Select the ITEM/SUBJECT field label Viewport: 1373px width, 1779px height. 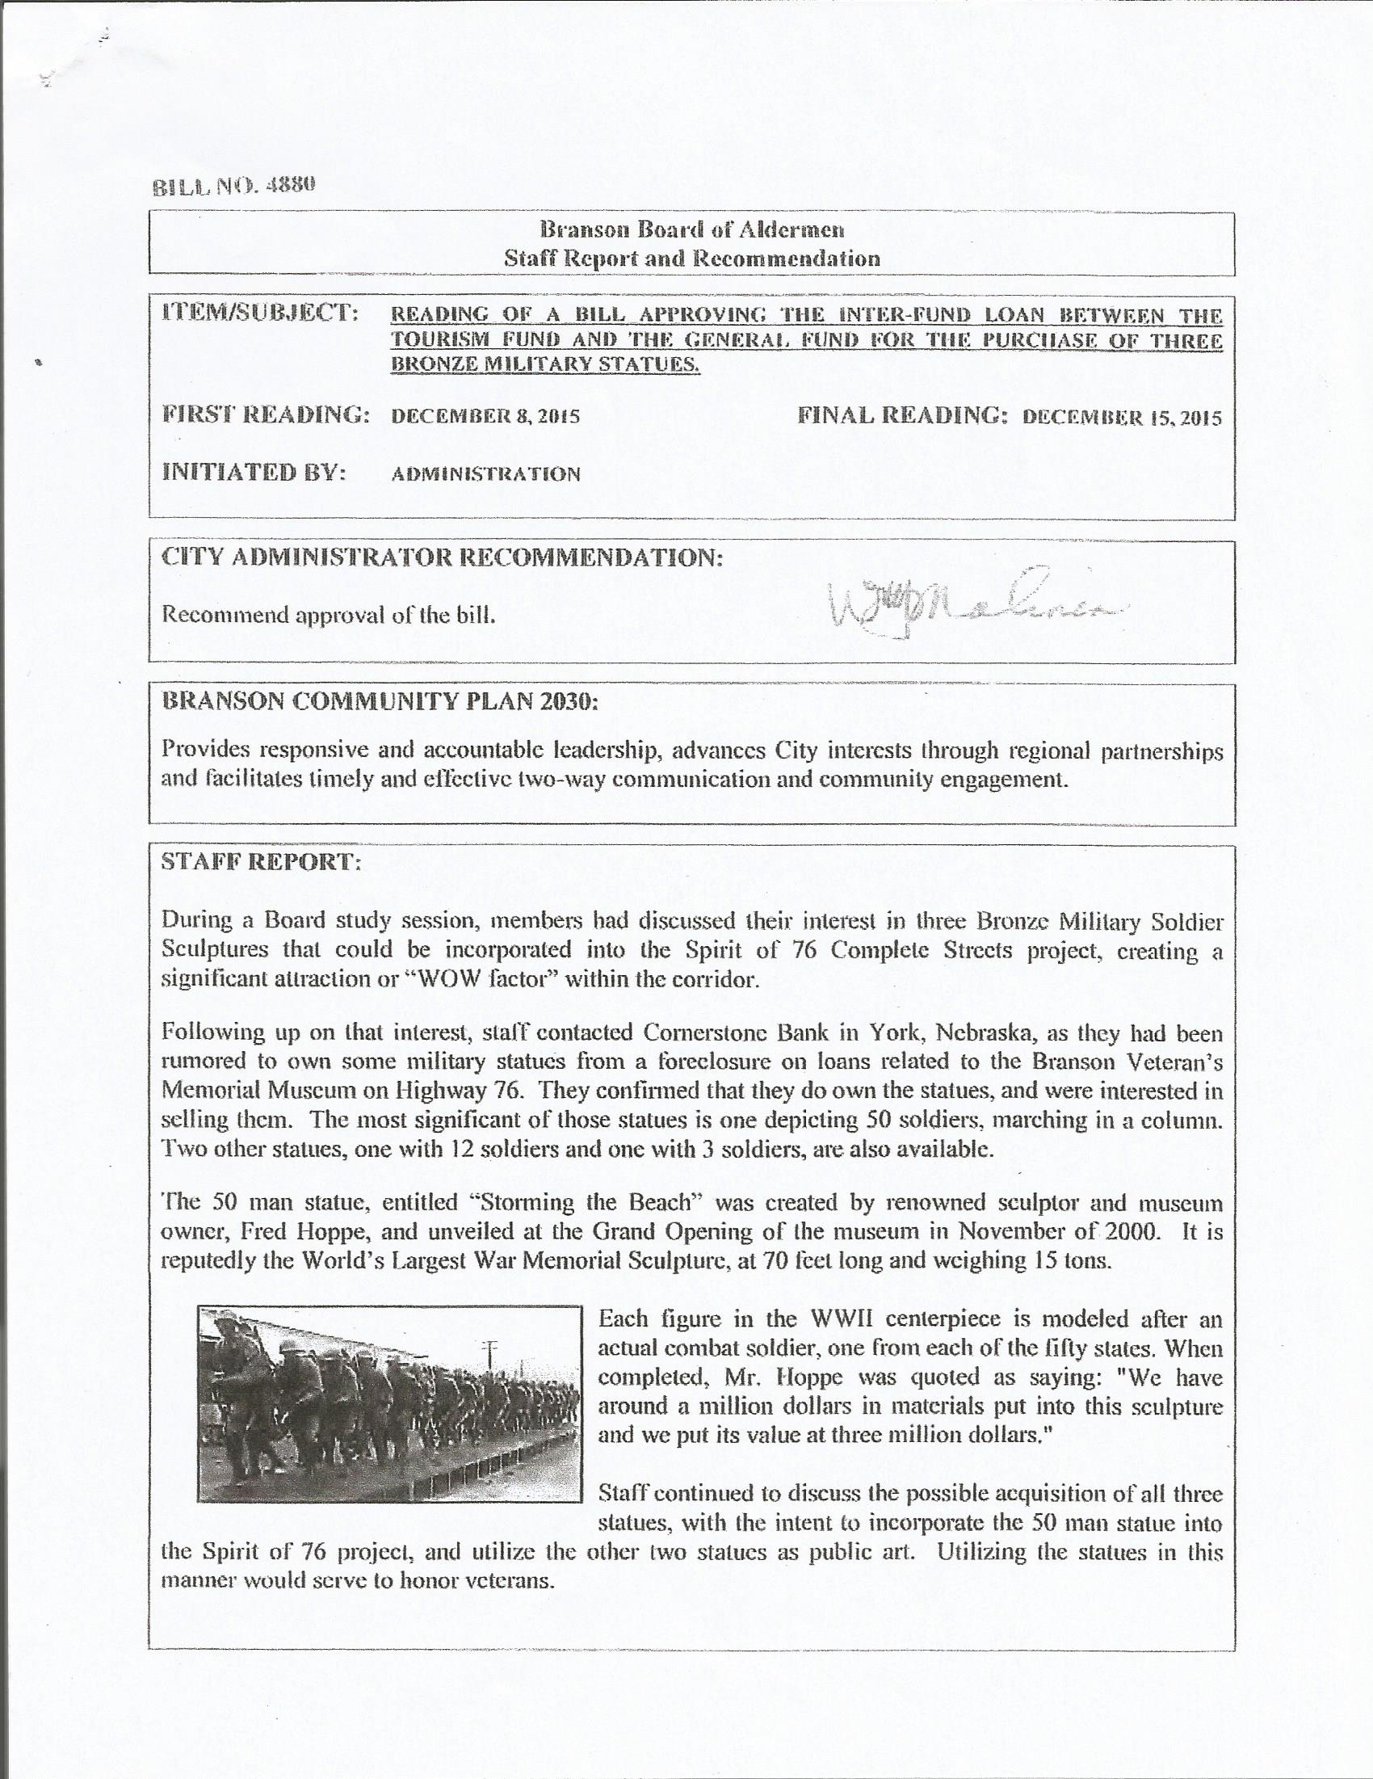point(261,313)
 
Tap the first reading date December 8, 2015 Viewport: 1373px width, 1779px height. point(485,418)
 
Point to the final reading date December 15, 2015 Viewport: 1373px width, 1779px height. point(1121,418)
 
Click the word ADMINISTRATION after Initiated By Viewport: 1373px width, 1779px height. point(486,475)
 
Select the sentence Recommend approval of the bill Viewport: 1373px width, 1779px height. point(329,615)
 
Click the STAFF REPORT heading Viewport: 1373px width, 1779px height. point(262,864)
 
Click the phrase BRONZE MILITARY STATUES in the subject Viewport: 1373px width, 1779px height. point(546,366)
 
